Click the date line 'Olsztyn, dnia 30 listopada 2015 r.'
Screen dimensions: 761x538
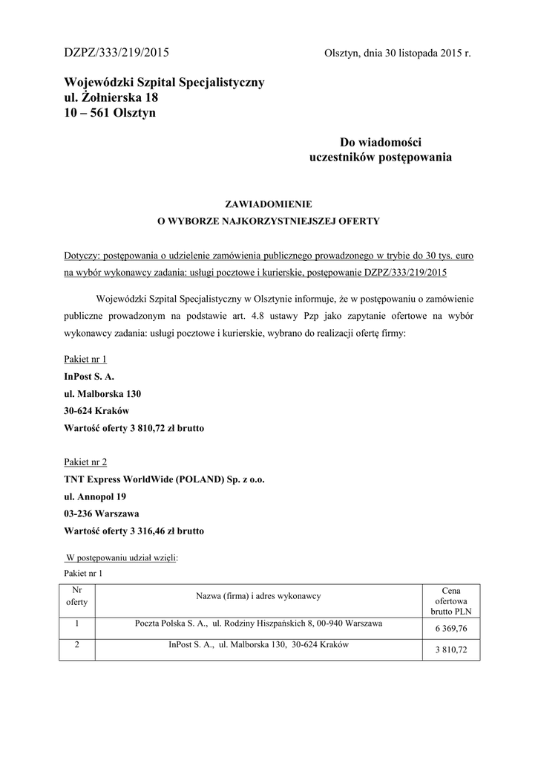coord(398,54)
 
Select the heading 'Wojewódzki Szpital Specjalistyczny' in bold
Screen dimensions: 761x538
coord(164,82)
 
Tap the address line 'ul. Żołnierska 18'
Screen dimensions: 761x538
coord(111,97)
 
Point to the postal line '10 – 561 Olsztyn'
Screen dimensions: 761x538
coord(110,113)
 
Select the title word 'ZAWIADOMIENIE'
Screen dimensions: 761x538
coord(269,203)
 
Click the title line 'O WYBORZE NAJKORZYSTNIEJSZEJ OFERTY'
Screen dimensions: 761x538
coord(269,221)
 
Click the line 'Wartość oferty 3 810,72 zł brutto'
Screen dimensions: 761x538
coord(134,428)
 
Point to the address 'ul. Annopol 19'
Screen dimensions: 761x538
coord(95,496)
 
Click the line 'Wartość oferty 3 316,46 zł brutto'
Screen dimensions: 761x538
coord(134,531)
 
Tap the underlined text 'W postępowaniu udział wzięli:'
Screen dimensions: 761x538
coord(122,557)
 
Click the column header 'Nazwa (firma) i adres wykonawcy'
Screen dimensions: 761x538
coord(257,596)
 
